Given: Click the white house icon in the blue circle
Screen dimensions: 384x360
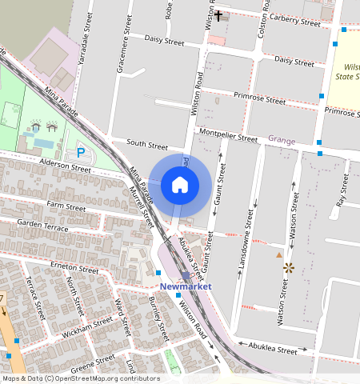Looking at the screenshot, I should coord(180,186).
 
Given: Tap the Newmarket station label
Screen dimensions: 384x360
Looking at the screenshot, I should coord(185,286).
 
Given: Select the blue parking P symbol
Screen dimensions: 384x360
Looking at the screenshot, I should coord(80,152).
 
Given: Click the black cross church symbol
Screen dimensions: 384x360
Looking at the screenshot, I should coord(218,14).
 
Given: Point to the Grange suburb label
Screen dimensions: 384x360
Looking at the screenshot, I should coord(282,141).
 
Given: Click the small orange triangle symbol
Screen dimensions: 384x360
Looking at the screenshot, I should coord(278,254).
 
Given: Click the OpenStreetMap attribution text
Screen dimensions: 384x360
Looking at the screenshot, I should coord(80,378).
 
